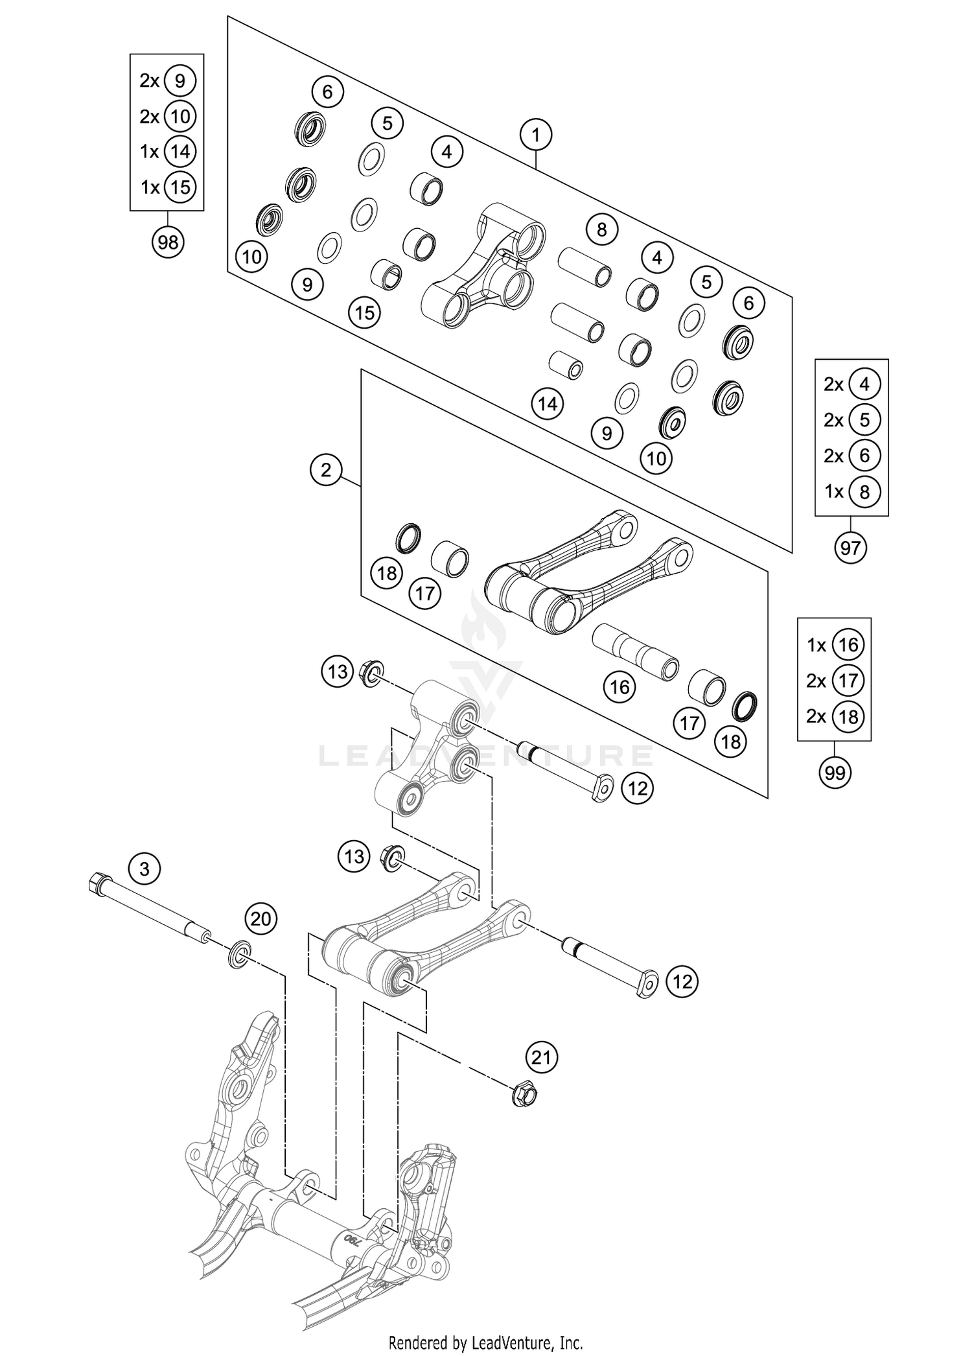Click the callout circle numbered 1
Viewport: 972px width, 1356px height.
click(x=535, y=135)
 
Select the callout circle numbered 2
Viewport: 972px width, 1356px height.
click(x=326, y=469)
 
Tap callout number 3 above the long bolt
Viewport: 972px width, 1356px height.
click(x=144, y=868)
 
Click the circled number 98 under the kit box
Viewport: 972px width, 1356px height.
click(x=168, y=242)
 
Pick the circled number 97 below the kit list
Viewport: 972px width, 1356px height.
click(x=850, y=548)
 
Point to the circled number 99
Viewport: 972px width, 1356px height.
click(x=835, y=773)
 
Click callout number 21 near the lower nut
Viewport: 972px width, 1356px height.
click(x=541, y=1058)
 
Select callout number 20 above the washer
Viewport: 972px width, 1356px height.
click(x=260, y=918)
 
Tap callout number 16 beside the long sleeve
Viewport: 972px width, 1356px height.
click(x=619, y=686)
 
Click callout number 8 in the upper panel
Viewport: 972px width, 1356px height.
click(x=602, y=229)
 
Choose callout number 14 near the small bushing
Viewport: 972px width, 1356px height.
click(x=548, y=404)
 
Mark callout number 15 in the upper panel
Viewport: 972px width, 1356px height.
click(x=364, y=313)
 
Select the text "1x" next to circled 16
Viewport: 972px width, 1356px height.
click(x=816, y=645)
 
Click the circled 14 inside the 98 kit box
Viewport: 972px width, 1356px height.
click(x=180, y=152)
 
